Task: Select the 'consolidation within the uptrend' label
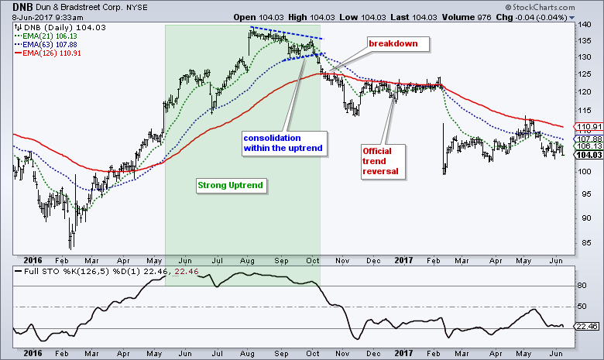[282, 142]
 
